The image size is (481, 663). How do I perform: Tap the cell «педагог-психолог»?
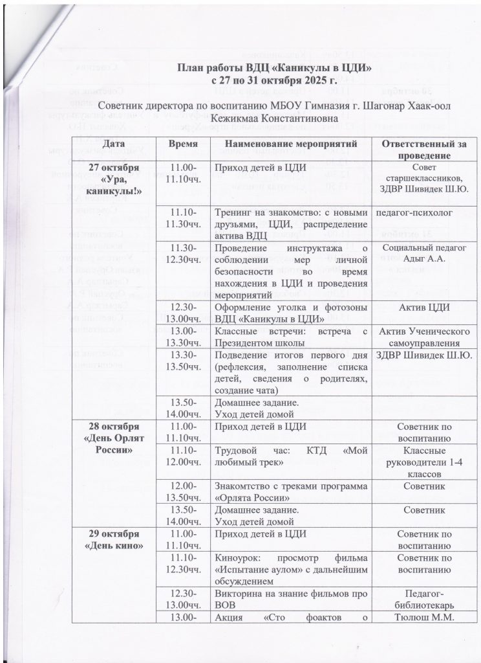pyautogui.click(x=416, y=212)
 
